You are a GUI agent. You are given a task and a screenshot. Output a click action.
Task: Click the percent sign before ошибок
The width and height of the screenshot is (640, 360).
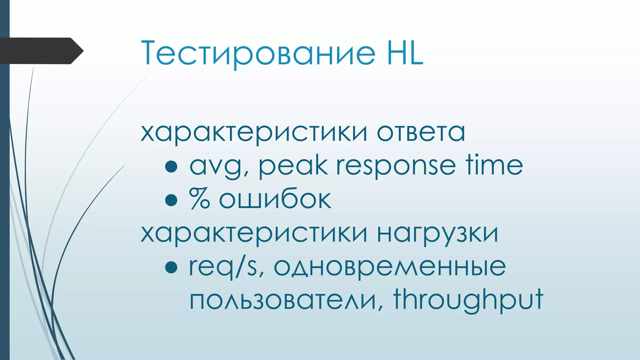tap(199, 198)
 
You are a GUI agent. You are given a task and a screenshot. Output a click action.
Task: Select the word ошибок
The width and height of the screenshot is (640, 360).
tap(275, 199)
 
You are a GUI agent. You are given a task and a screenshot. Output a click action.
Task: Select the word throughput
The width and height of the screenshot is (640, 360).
tap(468, 300)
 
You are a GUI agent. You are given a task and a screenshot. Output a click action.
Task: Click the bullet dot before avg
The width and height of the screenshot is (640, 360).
tap(171, 167)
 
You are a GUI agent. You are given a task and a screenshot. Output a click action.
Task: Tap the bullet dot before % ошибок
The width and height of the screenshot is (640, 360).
tap(171, 200)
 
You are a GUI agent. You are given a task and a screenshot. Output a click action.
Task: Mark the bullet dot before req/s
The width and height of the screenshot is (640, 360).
tap(171, 267)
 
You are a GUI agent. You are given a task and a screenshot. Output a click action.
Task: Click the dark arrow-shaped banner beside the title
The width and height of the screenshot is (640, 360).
tap(41, 51)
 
